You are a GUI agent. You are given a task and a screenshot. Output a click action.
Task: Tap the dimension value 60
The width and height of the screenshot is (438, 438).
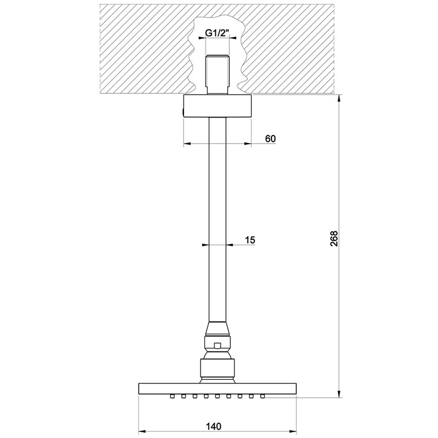(270, 138)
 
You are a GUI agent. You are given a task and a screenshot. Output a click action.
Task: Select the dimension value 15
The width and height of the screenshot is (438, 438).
(250, 240)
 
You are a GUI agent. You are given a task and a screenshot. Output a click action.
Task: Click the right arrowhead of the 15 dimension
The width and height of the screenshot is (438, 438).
(229, 245)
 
